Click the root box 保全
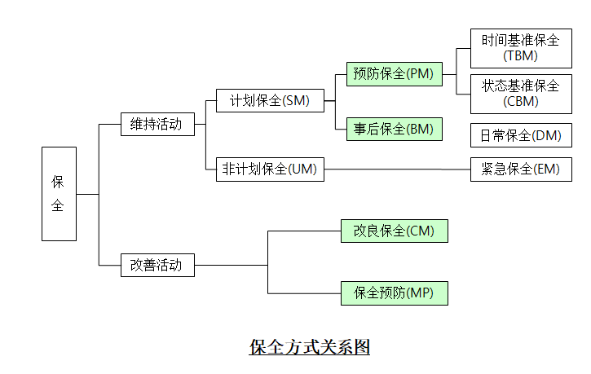point(59,193)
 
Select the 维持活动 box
point(157,124)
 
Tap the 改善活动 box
point(157,265)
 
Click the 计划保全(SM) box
point(270,100)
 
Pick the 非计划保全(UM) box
point(270,169)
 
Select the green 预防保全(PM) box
point(394,74)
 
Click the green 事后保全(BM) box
point(394,129)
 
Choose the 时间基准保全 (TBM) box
point(520,47)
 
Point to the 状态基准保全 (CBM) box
point(520,93)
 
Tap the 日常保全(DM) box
point(520,135)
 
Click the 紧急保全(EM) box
point(520,169)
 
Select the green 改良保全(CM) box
point(394,231)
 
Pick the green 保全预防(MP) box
point(394,293)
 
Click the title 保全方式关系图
point(310,347)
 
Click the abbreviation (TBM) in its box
point(520,55)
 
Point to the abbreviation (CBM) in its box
point(520,101)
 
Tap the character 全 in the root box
point(59,206)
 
